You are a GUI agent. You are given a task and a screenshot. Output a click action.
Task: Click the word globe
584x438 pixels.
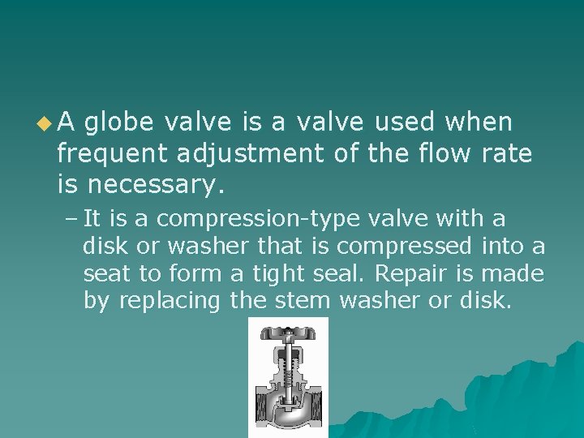tap(119, 122)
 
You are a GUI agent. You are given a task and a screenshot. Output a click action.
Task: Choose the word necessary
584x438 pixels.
tap(154, 185)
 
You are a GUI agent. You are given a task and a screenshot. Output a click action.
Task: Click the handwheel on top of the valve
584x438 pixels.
tap(287, 332)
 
